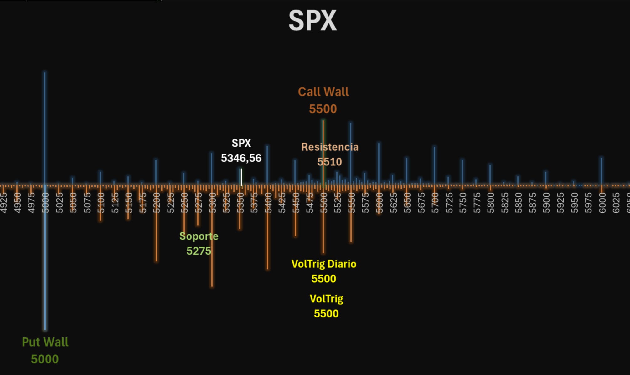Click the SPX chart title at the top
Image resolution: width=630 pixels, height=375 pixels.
click(x=312, y=21)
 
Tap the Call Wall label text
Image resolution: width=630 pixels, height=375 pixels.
click(x=323, y=92)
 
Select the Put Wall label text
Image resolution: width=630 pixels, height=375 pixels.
click(x=45, y=342)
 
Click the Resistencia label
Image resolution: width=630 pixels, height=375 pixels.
click(x=330, y=147)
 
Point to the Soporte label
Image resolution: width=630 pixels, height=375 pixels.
click(x=199, y=236)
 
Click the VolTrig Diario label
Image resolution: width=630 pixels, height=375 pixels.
click(x=324, y=264)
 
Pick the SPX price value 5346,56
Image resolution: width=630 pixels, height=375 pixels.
click(x=241, y=158)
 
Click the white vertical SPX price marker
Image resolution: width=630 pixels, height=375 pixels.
click(x=241, y=177)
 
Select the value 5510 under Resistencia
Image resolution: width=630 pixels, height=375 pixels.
click(x=329, y=162)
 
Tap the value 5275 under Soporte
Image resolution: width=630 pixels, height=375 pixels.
click(x=199, y=251)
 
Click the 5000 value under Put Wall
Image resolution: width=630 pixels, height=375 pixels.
click(x=45, y=359)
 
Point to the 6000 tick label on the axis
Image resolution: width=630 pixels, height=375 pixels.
click(x=602, y=203)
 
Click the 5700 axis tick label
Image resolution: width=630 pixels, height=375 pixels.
click(x=435, y=203)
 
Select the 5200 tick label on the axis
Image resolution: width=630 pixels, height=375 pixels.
click(x=157, y=203)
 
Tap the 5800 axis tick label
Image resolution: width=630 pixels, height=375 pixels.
click(x=491, y=203)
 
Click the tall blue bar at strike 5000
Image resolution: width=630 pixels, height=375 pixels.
click(x=45, y=125)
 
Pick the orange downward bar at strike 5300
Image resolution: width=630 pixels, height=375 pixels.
click(x=212, y=250)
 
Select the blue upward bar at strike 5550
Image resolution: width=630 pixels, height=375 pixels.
click(x=351, y=150)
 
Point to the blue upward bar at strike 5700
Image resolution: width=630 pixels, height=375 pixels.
click(x=434, y=163)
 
